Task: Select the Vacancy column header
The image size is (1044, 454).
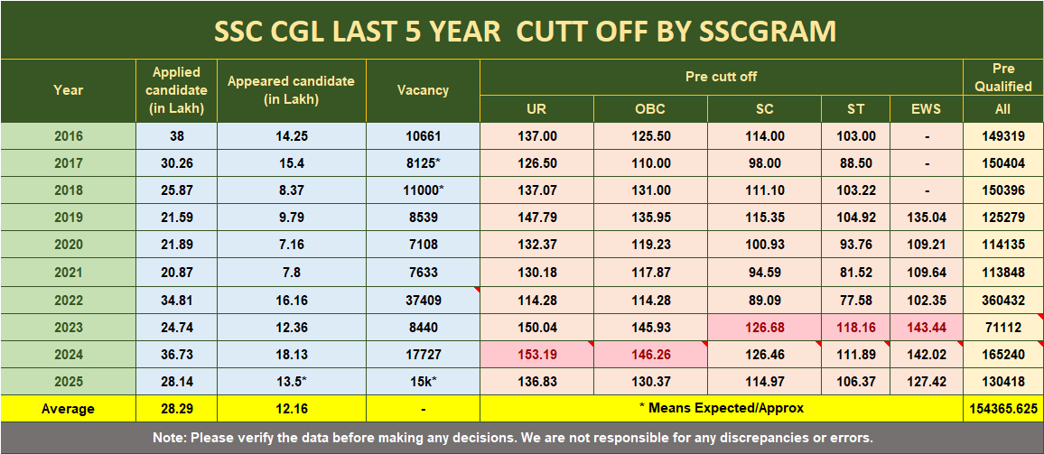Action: tap(423, 90)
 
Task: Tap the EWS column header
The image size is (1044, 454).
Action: tap(926, 109)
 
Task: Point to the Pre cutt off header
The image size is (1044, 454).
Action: tap(721, 77)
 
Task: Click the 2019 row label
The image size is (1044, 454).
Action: tap(68, 218)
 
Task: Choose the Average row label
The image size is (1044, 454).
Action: tap(68, 409)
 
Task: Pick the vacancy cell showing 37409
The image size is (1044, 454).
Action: tap(423, 299)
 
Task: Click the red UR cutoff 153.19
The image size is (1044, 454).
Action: tap(536, 354)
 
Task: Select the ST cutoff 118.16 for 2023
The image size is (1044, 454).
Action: tap(855, 327)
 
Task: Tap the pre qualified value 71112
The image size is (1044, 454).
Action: tap(1002, 327)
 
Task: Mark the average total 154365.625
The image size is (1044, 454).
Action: tap(1002, 409)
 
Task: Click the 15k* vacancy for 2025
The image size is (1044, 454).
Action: tap(423, 381)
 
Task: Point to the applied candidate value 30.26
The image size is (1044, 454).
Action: tap(177, 163)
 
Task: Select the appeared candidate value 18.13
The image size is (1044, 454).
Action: tap(292, 354)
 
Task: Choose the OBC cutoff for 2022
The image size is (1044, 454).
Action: tap(650, 299)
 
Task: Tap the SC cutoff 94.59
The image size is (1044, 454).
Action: tap(764, 272)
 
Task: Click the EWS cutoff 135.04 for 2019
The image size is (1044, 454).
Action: tap(926, 218)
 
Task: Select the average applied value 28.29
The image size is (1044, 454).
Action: tap(177, 409)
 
